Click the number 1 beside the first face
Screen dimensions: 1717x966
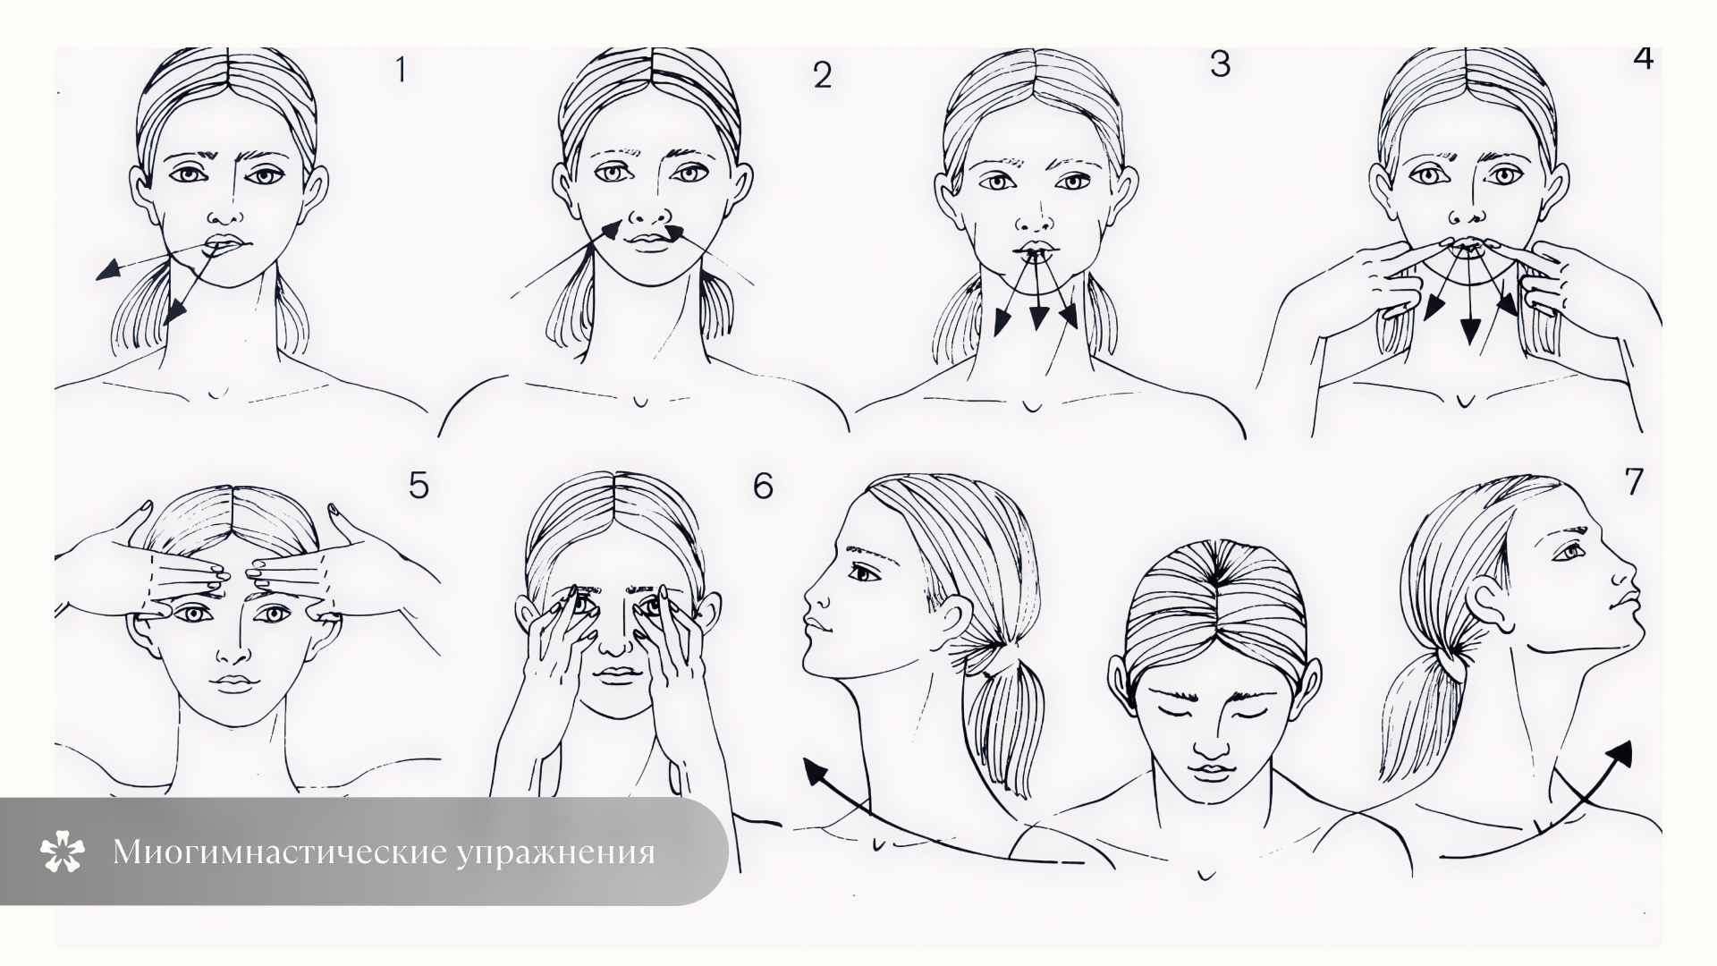coord(401,69)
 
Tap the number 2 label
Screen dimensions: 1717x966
coord(823,75)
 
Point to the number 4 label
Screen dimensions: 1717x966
coord(1643,56)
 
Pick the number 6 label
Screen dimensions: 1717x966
coord(763,486)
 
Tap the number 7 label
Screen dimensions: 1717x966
coord(1634,481)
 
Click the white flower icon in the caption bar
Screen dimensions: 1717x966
coord(63,852)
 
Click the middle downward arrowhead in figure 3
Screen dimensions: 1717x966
coord(1038,317)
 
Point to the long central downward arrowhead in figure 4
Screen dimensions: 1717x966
coord(1467,333)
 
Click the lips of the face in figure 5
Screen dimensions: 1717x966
coord(233,682)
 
